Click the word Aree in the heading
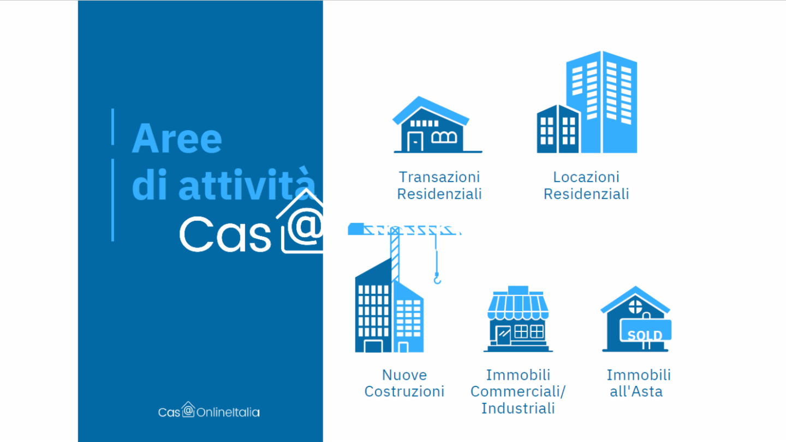(177, 138)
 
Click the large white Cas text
(225, 234)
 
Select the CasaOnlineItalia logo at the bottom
(209, 410)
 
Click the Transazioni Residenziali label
(439, 185)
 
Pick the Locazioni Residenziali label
(586, 185)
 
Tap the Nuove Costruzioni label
(404, 383)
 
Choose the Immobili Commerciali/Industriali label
(518, 391)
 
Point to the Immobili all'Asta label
(639, 383)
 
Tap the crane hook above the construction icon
(437, 279)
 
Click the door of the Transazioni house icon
(415, 142)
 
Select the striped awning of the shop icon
(519, 306)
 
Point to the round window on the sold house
(635, 307)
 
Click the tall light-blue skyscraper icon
(602, 102)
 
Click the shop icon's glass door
(503, 335)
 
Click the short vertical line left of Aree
(112, 126)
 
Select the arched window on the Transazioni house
(444, 137)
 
